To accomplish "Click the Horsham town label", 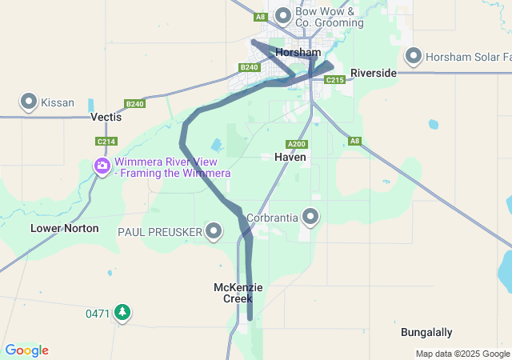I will (298, 52).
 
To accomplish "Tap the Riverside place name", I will (373, 73).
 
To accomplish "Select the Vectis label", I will (106, 117).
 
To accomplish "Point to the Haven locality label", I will (290, 158).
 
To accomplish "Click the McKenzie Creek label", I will (238, 293).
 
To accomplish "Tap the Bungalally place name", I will (426, 332).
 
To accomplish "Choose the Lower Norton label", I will (65, 228).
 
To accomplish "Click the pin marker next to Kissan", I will (29, 102).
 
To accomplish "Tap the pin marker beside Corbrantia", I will (310, 216).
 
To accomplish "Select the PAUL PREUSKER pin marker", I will (214, 231).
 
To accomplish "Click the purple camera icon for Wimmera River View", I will (102, 166).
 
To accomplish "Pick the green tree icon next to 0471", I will (122, 312).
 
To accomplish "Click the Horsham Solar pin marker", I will (414, 56).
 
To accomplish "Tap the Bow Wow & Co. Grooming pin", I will (283, 15).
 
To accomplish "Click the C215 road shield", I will (335, 79).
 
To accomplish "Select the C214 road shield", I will (106, 142).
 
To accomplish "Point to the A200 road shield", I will (297, 144).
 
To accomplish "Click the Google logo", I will (27, 350).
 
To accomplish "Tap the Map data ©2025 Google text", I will (462, 354).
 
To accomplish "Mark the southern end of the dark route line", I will (250, 318).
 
